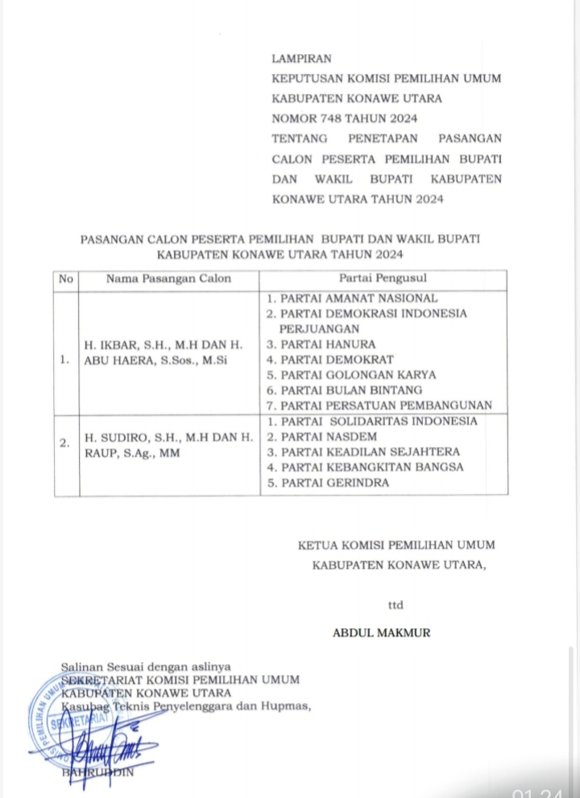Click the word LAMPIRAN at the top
pyautogui.click(x=302, y=58)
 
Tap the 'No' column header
pyautogui.click(x=65, y=279)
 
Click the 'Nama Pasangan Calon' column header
pyautogui.click(x=168, y=279)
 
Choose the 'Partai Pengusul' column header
pyautogui.click(x=383, y=279)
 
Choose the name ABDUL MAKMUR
pyautogui.click(x=381, y=633)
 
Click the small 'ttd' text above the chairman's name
pyautogui.click(x=396, y=605)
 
